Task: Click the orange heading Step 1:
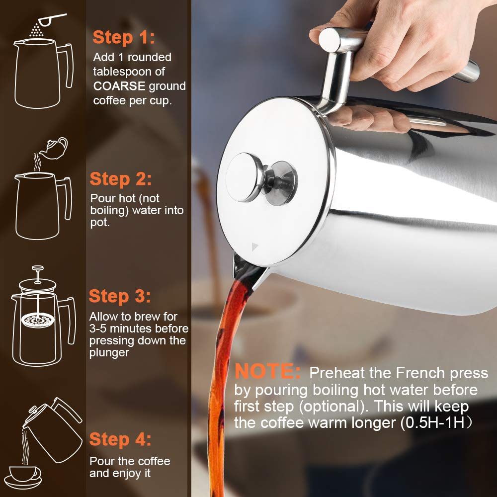click(x=124, y=37)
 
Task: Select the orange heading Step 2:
click(x=121, y=179)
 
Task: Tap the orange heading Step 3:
click(x=120, y=297)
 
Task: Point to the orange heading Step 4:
click(x=120, y=440)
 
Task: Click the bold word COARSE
click(x=119, y=86)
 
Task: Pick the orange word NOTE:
click(x=268, y=372)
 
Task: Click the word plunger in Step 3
click(x=109, y=353)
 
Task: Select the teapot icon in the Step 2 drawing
click(x=55, y=145)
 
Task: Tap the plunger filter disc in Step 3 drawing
click(x=35, y=320)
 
